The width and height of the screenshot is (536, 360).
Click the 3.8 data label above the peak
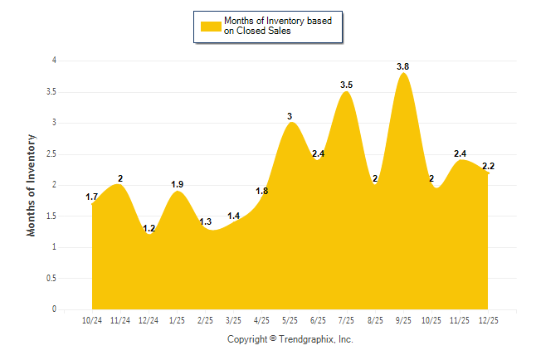403,66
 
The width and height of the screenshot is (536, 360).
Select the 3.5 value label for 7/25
347,85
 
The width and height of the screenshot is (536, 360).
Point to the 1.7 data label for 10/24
92,197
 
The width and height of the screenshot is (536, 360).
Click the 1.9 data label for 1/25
178,184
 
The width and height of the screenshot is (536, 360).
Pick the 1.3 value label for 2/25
206,221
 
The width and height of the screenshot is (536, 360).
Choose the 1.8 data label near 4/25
262,191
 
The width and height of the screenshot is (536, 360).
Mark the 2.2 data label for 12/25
488,166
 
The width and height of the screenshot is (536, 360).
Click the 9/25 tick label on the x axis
403,319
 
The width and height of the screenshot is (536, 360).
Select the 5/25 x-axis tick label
290,319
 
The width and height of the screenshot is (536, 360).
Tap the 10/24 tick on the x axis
92,319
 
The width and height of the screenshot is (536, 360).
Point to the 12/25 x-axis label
488,319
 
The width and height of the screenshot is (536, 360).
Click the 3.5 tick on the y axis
51,92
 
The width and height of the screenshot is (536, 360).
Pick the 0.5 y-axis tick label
51,279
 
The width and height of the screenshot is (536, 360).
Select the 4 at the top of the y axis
54,61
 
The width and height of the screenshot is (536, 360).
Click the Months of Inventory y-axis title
32,185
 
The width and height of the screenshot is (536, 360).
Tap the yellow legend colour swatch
211,26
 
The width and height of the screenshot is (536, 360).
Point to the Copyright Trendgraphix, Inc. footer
290,339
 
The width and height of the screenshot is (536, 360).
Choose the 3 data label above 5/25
290,116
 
